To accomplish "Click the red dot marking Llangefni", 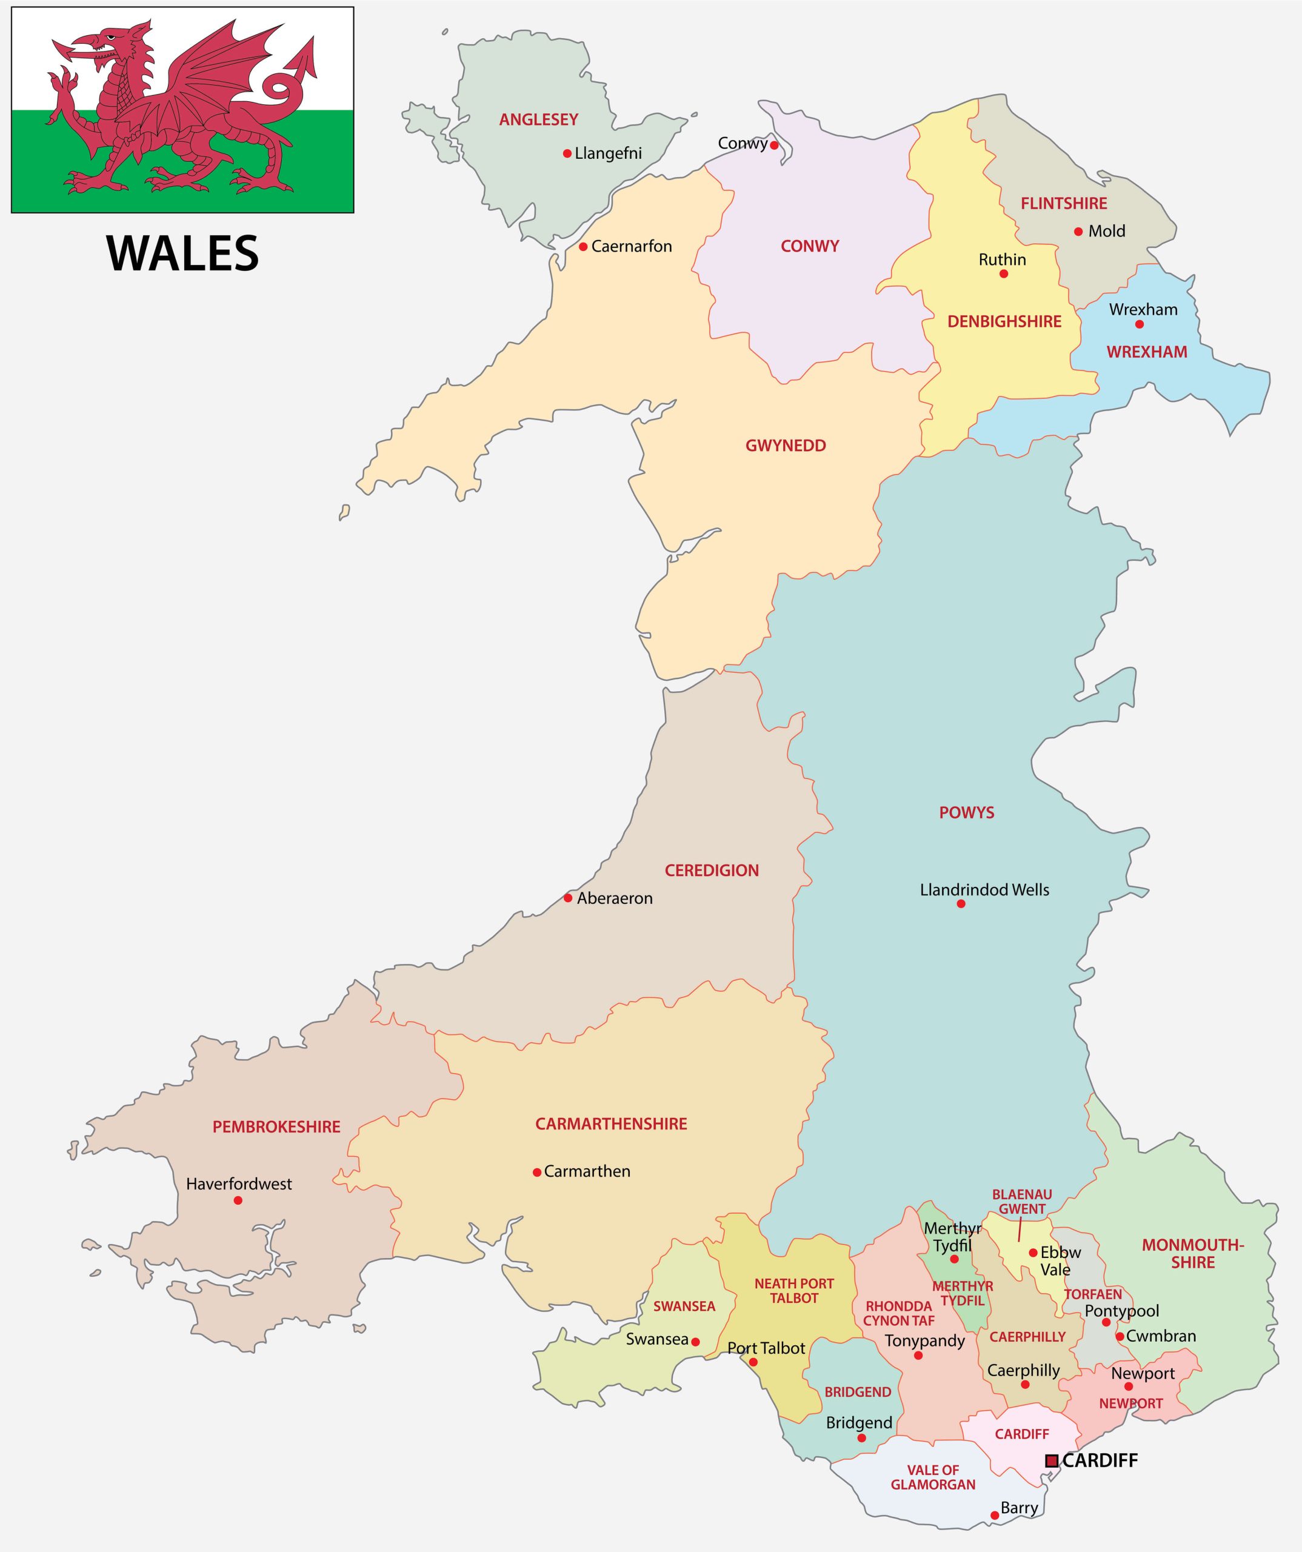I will (567, 154).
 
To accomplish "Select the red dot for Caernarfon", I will (583, 247).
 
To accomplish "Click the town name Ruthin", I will (1002, 259).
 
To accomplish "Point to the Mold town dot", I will (1078, 232).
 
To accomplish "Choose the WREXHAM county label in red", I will (1146, 352).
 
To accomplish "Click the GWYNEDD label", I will (785, 446).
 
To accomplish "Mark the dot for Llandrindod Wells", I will (961, 904).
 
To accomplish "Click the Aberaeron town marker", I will (567, 898).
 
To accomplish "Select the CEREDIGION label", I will (711, 871).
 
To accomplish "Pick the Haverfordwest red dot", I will (238, 1200).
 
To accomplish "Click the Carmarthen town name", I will (587, 1171).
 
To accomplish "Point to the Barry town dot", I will (995, 1515).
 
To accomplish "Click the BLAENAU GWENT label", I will (1022, 1202).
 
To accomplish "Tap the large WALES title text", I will (182, 253).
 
